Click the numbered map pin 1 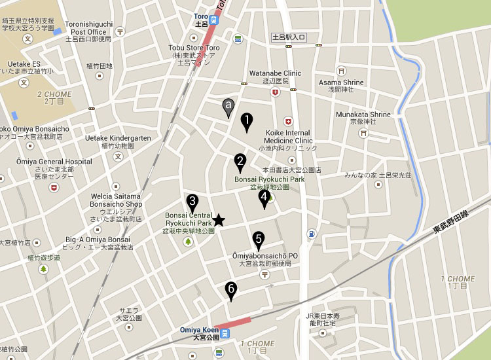point(247,120)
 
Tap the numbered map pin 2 point(240,162)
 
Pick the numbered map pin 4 point(264,197)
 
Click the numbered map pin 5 point(259,240)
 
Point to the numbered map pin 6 point(230,290)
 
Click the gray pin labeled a point(228,105)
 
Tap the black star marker point(219,221)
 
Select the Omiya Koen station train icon point(225,333)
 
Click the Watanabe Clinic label point(275,73)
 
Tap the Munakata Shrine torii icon point(363,132)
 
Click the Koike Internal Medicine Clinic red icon point(287,121)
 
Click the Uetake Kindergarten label point(118,138)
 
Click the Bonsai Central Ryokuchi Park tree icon point(189,242)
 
